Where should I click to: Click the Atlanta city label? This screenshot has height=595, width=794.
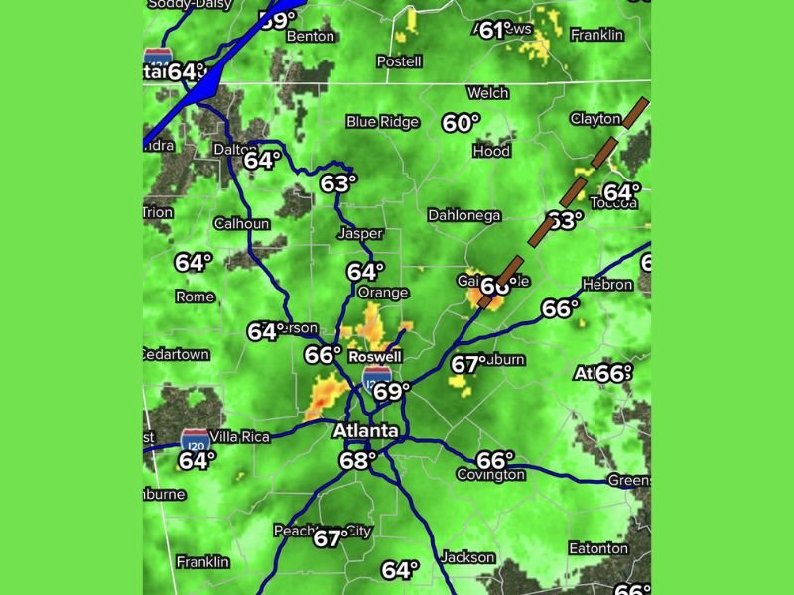click(x=365, y=431)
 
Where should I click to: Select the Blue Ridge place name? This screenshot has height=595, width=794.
click(x=382, y=122)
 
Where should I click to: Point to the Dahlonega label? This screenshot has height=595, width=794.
click(x=463, y=215)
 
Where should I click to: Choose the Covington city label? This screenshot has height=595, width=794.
click(x=490, y=475)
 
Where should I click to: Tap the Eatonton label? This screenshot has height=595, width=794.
click(x=597, y=548)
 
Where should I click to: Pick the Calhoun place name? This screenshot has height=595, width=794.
click(x=241, y=223)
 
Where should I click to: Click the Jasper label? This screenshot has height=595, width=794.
click(x=360, y=234)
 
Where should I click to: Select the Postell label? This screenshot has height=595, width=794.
click(x=399, y=61)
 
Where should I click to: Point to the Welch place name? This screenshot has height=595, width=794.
click(x=487, y=93)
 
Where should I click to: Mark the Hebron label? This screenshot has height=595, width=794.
click(x=607, y=285)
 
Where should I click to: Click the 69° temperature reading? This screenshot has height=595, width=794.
click(x=391, y=392)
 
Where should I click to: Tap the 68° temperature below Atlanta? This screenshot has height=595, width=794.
click(x=358, y=460)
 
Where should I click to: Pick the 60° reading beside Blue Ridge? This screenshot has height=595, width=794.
click(x=461, y=123)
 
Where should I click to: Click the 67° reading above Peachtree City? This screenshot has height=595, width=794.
click(x=331, y=538)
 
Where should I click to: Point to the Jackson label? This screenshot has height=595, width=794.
click(x=466, y=557)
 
